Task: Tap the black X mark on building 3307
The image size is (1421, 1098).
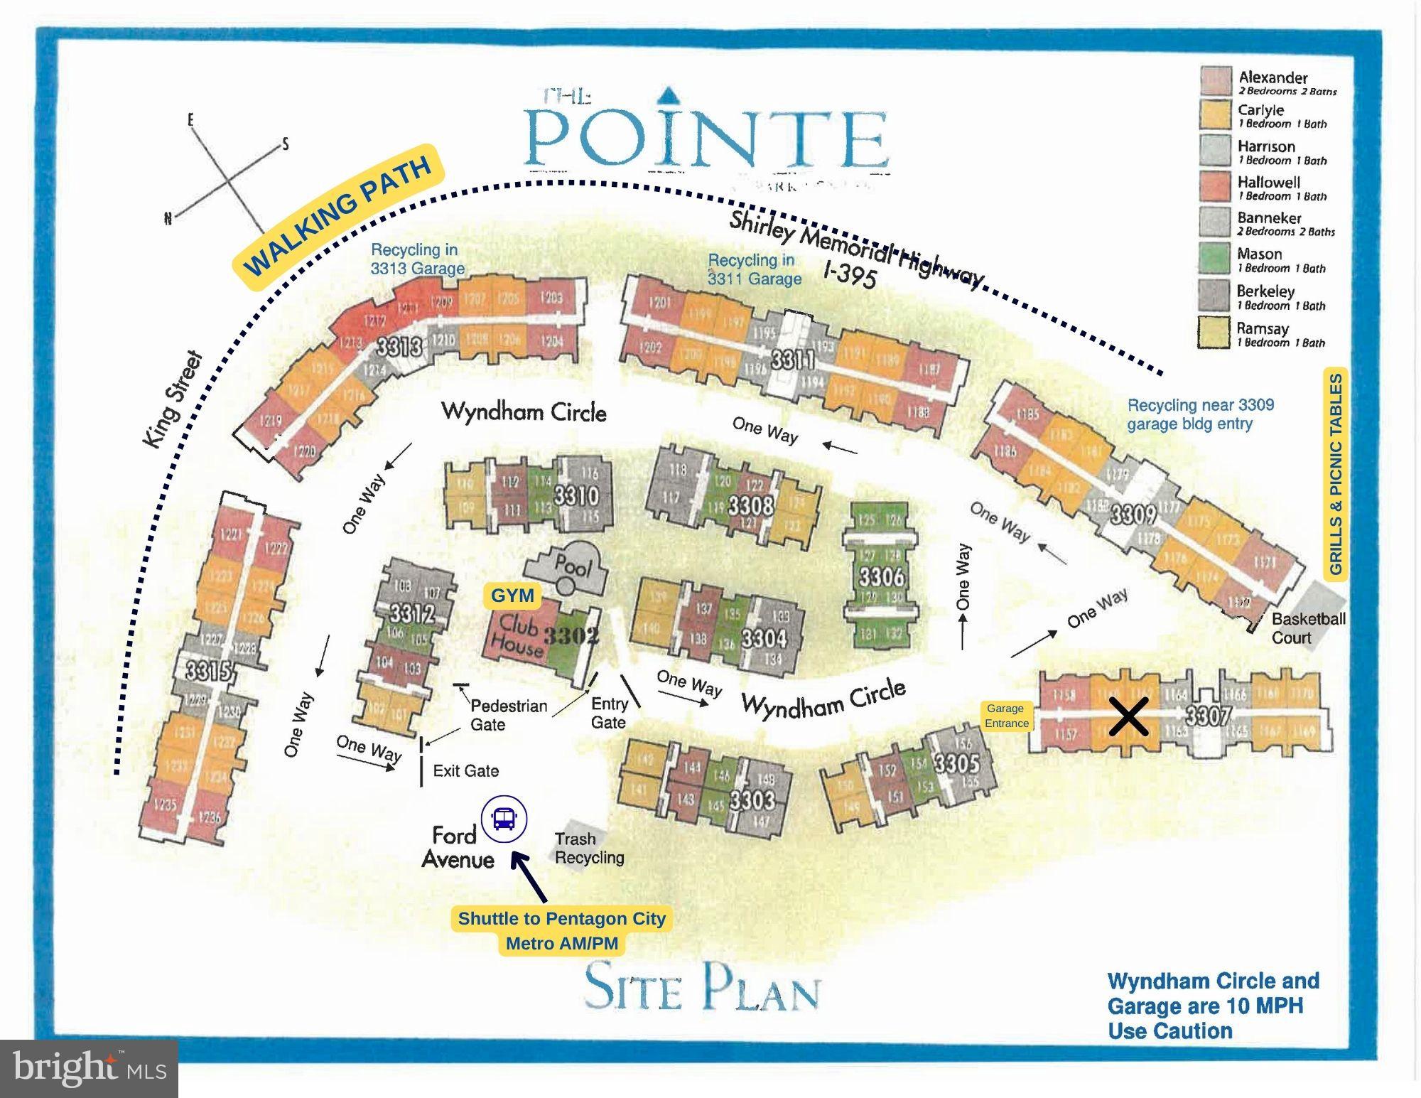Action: point(1128,716)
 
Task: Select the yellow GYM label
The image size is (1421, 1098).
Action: point(512,596)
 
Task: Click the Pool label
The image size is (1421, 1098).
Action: point(573,566)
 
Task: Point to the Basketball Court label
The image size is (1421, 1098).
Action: point(1308,628)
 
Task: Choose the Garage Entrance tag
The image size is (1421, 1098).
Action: point(1006,716)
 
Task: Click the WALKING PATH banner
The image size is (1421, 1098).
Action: point(338,217)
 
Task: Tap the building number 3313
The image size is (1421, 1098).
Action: point(399,347)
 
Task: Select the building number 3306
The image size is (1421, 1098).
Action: point(881,576)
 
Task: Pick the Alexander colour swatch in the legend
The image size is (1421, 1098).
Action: point(1216,81)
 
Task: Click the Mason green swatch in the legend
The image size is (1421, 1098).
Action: point(1214,259)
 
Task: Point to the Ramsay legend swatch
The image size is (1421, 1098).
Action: point(1214,333)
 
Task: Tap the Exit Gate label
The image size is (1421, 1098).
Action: point(465,770)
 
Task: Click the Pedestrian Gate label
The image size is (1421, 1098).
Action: point(508,715)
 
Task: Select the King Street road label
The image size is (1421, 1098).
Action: point(173,400)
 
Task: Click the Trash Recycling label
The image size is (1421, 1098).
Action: point(589,849)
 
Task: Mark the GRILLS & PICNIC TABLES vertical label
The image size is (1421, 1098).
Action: point(1336,474)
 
